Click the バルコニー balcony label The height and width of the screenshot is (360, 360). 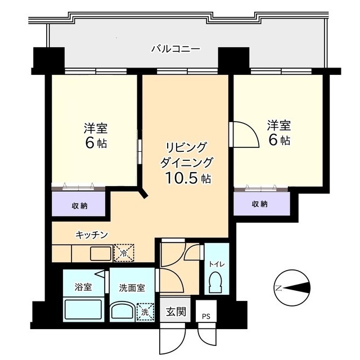(175, 49)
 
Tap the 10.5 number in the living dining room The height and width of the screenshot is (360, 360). (181, 178)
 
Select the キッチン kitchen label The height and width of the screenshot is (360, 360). (92, 235)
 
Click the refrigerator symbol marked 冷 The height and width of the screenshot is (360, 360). (124, 253)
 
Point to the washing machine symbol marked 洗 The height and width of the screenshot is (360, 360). (145, 312)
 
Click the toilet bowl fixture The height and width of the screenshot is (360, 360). (215, 282)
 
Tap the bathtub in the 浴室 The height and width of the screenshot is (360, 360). (83, 309)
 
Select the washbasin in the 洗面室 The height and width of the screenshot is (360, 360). (123, 312)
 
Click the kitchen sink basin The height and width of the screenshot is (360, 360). (101, 254)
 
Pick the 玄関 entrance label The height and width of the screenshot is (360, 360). (176, 312)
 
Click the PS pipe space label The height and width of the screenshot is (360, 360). (206, 317)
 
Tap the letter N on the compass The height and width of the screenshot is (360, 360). (279, 287)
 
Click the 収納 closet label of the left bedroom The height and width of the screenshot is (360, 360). (80, 206)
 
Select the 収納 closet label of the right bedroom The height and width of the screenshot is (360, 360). (260, 204)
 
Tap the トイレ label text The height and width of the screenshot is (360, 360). (217, 264)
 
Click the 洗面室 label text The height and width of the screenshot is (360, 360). (132, 288)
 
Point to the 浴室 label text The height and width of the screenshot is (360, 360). (83, 287)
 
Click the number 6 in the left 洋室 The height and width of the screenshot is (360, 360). (90, 143)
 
